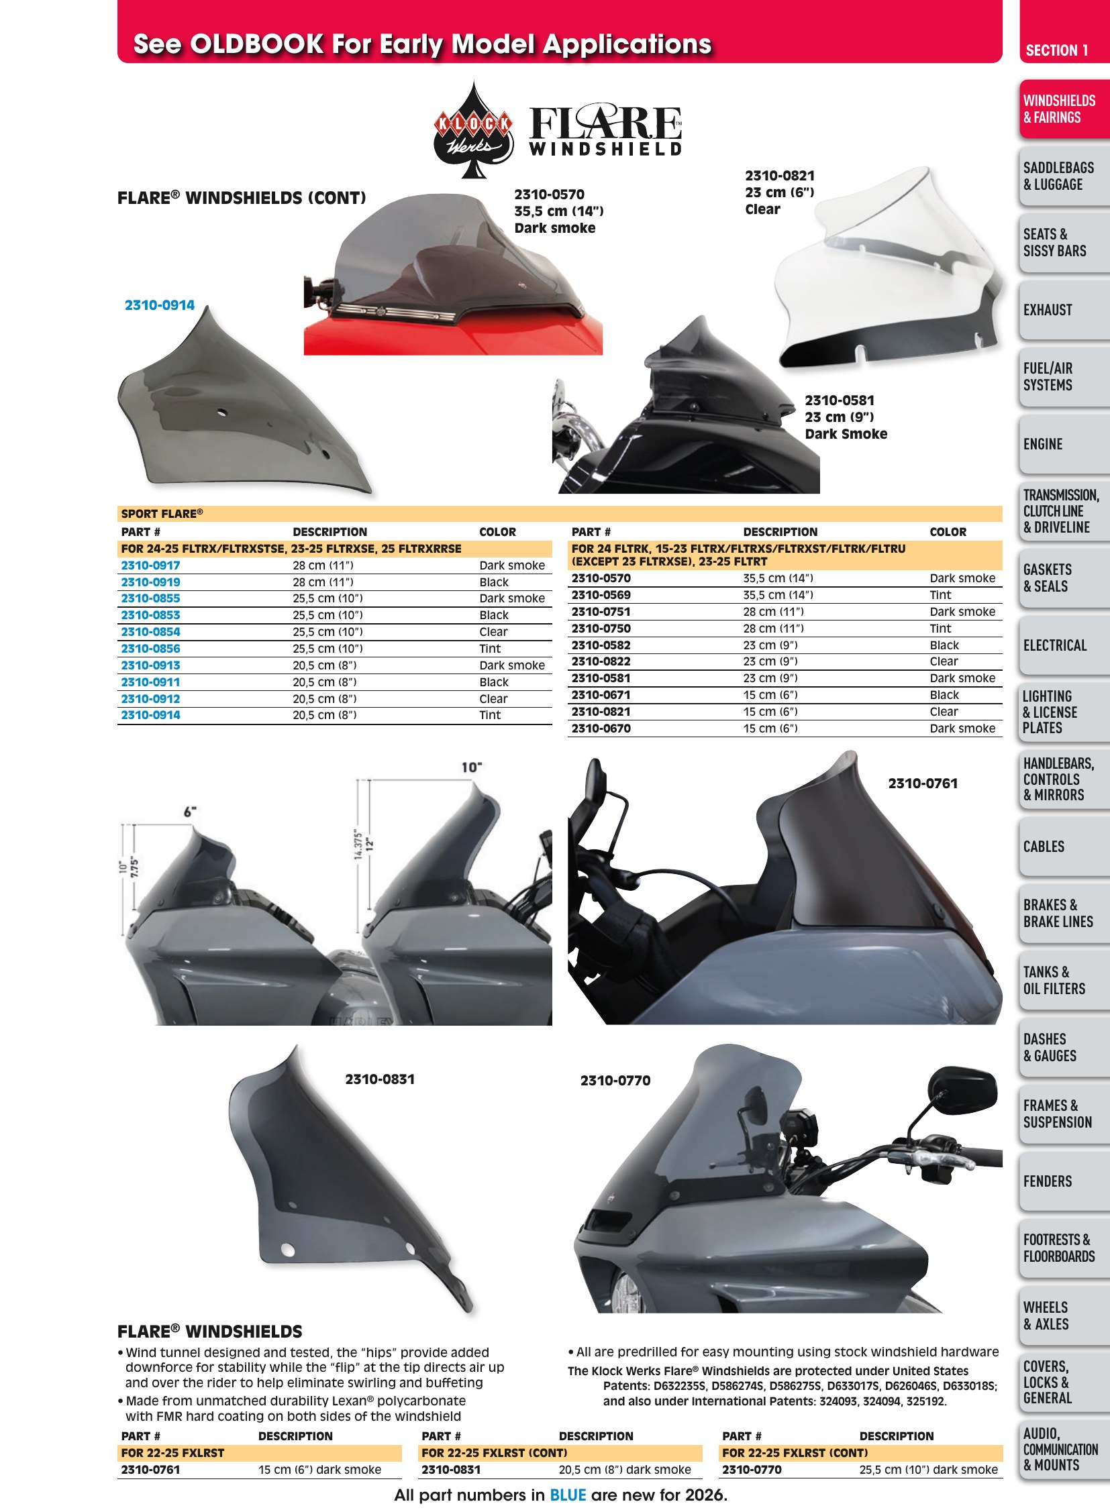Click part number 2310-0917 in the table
150,565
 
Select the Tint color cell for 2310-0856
490,649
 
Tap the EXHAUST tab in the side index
1048,311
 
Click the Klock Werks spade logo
474,129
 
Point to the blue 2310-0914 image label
159,305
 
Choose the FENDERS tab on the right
1047,1181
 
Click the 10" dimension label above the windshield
472,767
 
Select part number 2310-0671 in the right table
601,695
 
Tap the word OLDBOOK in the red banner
256,44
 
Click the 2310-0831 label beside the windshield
380,1079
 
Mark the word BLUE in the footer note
568,1495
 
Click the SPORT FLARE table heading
162,514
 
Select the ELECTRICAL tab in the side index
1054,645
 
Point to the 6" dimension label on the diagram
190,812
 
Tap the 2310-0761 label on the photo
923,784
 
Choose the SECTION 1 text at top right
1056,50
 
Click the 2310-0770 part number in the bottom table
752,1470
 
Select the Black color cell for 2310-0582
944,645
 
